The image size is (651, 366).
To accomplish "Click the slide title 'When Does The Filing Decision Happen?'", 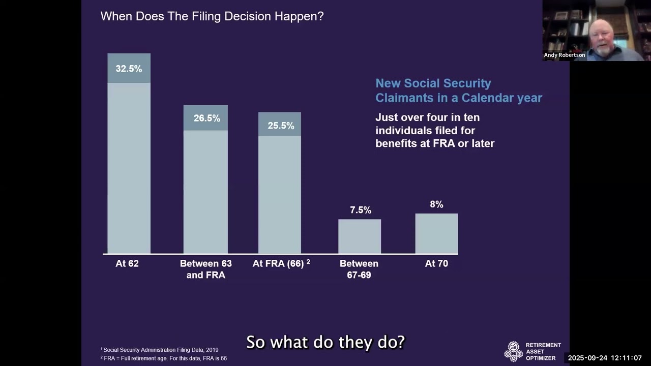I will point(212,16).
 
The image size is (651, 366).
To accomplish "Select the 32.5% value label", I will point(129,69).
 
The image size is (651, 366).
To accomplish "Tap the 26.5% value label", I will point(206,118).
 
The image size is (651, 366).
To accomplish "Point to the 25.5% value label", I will point(280,126).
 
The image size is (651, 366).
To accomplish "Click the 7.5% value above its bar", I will point(360,210).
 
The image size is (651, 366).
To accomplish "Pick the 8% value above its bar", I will point(436,204).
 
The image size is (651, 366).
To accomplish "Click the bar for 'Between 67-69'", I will point(360,236).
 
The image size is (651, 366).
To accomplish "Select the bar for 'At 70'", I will point(436,233).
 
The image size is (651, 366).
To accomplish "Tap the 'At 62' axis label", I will point(127,264).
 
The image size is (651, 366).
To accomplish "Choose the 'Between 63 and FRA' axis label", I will point(205,269).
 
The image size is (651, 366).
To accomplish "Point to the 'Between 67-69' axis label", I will point(359,269).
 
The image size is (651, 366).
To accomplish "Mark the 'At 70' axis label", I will point(436,264).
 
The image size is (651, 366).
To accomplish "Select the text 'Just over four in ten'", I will point(427,117).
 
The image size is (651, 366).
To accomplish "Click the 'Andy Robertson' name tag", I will point(564,55).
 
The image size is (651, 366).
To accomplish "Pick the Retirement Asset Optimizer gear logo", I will point(513,351).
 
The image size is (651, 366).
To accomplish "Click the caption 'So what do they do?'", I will point(325,342).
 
